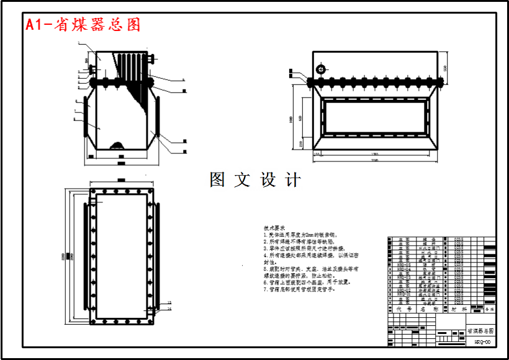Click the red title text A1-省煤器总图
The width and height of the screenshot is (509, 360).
point(83,24)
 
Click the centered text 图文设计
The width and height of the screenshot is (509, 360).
point(255,180)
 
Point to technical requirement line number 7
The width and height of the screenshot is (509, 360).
point(303,289)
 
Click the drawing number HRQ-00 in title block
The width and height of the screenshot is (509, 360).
point(482,341)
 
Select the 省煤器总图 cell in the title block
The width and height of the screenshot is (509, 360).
point(480,331)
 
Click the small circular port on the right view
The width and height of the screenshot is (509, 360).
point(321,69)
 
